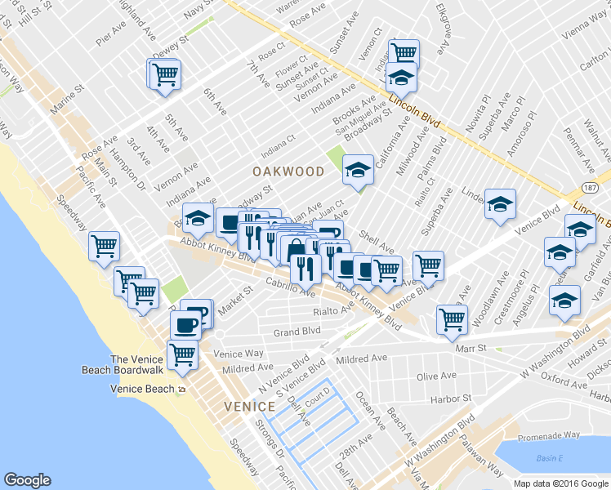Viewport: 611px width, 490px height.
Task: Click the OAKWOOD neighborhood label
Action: pyautogui.click(x=288, y=171)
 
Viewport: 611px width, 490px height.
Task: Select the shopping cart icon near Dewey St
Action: pyautogui.click(x=164, y=74)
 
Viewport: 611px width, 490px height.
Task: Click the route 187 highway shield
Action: pyautogui.click(x=591, y=189)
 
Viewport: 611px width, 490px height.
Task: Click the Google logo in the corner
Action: pyautogui.click(x=27, y=480)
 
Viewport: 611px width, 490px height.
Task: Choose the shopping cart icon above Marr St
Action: pyautogui.click(x=451, y=320)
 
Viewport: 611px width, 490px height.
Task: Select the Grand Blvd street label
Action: pyautogui.click(x=297, y=332)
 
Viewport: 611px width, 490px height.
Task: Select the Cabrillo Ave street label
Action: pyautogui.click(x=289, y=287)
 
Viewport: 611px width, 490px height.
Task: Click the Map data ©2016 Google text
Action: pyautogui.click(x=560, y=483)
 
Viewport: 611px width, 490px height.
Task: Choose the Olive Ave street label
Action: pyautogui.click(x=436, y=376)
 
